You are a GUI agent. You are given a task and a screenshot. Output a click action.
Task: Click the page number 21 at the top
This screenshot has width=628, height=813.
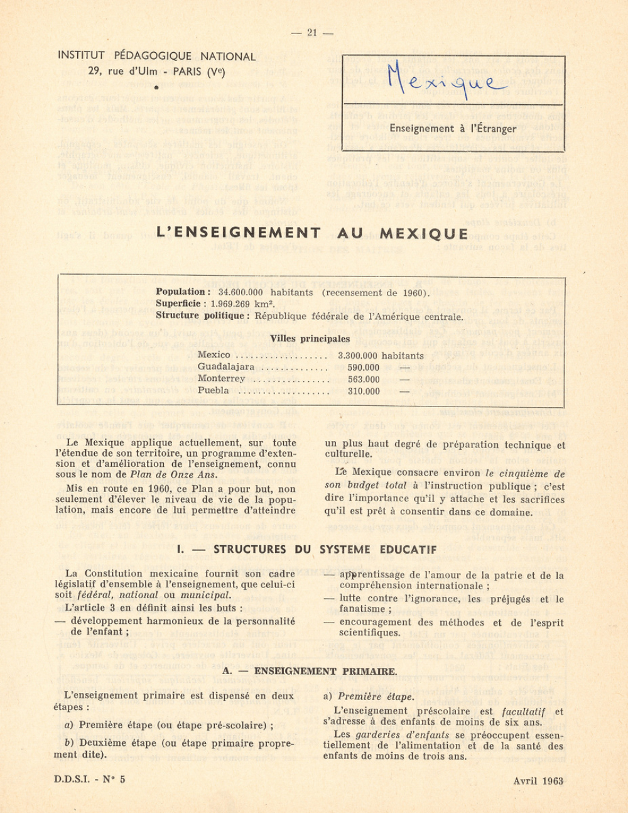(x=312, y=33)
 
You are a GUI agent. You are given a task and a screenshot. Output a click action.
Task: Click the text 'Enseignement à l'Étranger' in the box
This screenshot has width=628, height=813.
(x=452, y=129)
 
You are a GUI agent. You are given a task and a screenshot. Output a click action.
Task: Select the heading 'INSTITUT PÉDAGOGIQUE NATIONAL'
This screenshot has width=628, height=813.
(x=156, y=57)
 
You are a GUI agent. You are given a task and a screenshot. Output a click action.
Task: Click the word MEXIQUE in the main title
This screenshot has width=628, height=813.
(x=424, y=234)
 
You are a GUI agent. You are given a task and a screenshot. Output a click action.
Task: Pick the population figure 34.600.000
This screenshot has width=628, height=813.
(x=241, y=293)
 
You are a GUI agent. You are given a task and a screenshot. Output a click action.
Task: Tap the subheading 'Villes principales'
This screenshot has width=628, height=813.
(x=310, y=339)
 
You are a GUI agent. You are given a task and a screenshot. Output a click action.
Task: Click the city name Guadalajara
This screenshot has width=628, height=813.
(x=226, y=368)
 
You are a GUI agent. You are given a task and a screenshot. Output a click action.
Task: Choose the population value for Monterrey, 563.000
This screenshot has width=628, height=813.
(x=364, y=379)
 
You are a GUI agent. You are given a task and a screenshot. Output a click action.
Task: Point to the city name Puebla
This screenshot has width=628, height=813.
(x=214, y=391)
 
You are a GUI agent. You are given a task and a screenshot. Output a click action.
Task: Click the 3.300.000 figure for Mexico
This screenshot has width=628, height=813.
(x=358, y=356)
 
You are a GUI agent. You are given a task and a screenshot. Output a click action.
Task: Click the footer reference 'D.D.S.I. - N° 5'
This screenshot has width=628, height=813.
(x=90, y=780)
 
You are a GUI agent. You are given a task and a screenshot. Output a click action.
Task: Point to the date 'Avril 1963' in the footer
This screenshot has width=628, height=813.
(x=538, y=781)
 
